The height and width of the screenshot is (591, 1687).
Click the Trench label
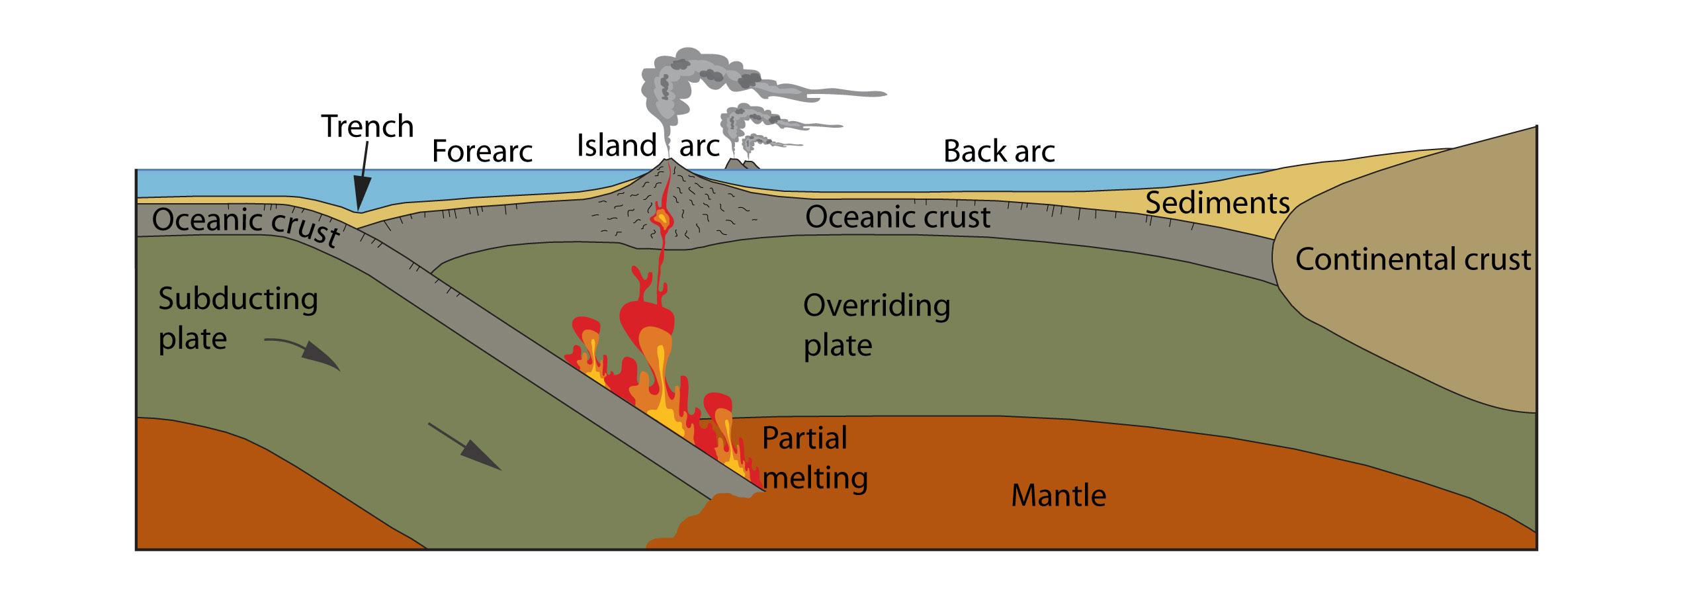[367, 126]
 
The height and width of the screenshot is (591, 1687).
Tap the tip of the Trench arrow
[359, 209]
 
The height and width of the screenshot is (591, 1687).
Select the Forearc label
[482, 152]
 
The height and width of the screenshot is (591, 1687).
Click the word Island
[616, 146]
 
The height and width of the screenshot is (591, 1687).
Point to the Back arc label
[998, 152]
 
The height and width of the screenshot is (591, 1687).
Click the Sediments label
[1217, 203]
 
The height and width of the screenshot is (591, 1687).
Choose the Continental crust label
[1412, 259]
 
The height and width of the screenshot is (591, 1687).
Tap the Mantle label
[1059, 496]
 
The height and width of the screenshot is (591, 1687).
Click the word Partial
[804, 438]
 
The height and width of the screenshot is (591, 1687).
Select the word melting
[816, 478]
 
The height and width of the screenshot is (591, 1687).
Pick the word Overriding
[877, 306]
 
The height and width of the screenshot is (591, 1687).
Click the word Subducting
[238, 299]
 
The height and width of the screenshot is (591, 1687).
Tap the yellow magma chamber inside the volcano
[661, 218]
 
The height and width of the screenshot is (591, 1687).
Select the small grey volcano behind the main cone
[741, 163]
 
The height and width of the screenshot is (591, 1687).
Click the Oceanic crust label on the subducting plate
[246, 225]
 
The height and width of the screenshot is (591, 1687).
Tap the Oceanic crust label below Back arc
[898, 217]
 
